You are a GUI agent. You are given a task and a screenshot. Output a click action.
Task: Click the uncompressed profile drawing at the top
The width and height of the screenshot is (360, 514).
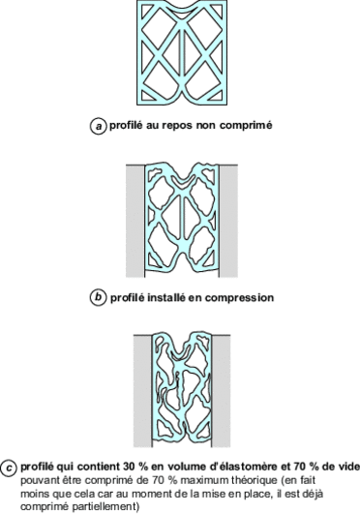179,53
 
